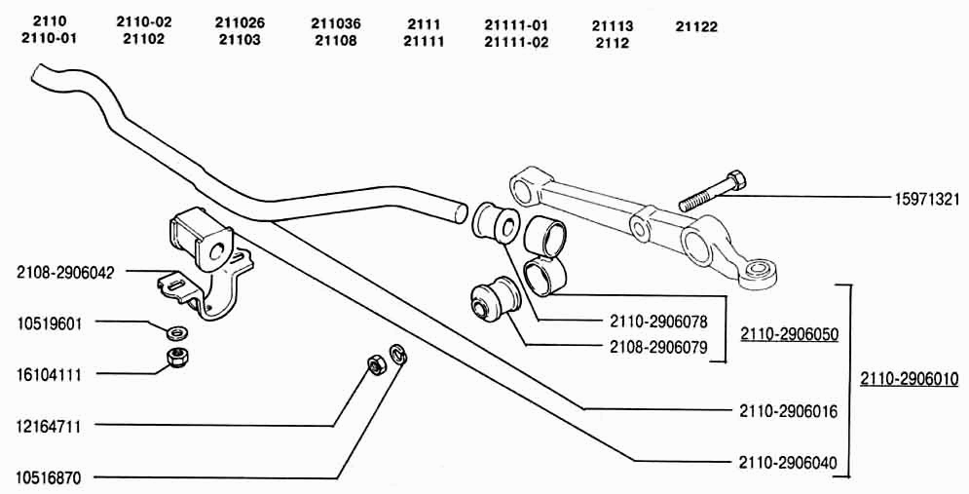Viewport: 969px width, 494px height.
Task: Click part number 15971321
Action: pyautogui.click(x=926, y=199)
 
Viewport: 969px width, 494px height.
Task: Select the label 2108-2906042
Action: pyautogui.click(x=65, y=273)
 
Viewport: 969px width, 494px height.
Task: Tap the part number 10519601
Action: pyautogui.click(x=49, y=323)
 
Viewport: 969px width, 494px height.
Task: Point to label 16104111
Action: pyautogui.click(x=49, y=375)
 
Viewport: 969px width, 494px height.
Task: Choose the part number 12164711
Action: pyautogui.click(x=49, y=426)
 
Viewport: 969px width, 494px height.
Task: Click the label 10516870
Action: pyautogui.click(x=49, y=477)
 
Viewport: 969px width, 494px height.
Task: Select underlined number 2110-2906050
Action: pyautogui.click(x=789, y=334)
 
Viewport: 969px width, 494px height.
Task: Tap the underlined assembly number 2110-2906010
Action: pyautogui.click(x=909, y=378)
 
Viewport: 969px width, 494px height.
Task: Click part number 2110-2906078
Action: pyautogui.click(x=658, y=322)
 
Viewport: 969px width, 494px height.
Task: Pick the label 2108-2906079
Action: pyautogui.click(x=658, y=347)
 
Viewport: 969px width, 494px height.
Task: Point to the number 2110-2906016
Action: pyautogui.click(x=788, y=411)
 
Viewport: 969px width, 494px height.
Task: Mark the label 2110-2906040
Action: pyautogui.click(x=788, y=463)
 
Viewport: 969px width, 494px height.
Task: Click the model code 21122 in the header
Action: pyautogui.click(x=696, y=27)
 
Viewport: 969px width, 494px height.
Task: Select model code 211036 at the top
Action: pyautogui.click(x=336, y=23)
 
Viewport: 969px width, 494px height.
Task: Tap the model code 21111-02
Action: pyautogui.click(x=516, y=42)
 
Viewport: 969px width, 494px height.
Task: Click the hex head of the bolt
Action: pyautogui.click(x=736, y=180)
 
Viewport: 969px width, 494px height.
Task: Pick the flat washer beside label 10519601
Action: pyautogui.click(x=178, y=332)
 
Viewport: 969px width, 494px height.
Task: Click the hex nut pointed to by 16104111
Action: pyautogui.click(x=178, y=358)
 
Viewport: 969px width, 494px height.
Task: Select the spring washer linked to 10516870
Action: pyautogui.click(x=398, y=355)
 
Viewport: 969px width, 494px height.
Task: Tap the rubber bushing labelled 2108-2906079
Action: pyautogui.click(x=495, y=298)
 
